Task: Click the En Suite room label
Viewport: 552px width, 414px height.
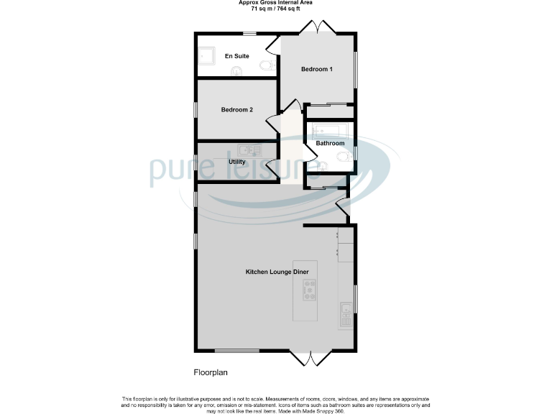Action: pos(236,55)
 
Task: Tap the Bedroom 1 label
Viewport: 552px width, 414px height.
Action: pos(316,70)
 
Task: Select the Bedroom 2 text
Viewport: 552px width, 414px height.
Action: pos(236,110)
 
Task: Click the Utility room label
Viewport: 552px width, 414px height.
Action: pos(237,162)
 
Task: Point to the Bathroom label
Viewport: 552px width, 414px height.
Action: pos(330,143)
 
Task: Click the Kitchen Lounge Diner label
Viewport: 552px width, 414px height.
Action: pos(277,272)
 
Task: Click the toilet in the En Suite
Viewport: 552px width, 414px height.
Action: pos(266,65)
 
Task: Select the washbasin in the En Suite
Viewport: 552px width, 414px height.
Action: pos(236,70)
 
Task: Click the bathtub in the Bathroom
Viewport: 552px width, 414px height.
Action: pos(330,131)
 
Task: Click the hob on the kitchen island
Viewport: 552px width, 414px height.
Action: pos(310,289)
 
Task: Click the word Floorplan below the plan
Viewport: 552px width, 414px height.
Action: pos(211,372)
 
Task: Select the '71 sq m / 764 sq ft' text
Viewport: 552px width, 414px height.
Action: pos(275,9)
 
